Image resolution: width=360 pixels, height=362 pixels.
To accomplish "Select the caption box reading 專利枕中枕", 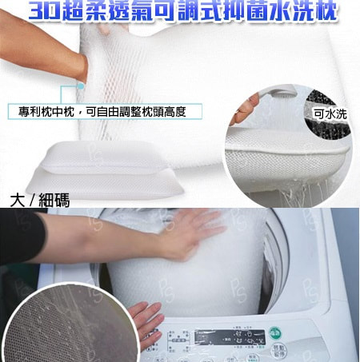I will [x=104, y=111].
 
